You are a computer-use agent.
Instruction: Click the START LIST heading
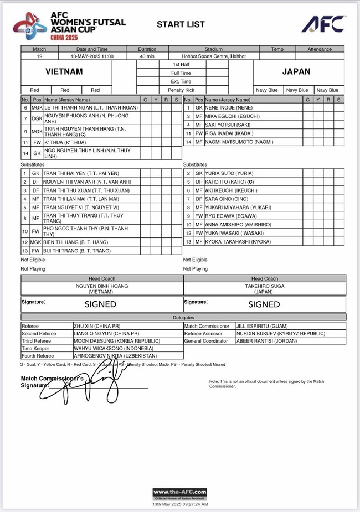181,24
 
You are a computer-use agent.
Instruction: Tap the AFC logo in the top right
323,24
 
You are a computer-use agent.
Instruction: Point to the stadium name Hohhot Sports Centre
213,56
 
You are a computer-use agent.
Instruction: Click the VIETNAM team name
64,72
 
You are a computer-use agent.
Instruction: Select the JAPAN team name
299,72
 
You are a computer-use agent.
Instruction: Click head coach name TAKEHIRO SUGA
264,286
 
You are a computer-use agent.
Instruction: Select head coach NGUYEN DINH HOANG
101,286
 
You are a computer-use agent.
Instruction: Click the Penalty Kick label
182,90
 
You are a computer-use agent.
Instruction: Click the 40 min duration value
147,56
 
